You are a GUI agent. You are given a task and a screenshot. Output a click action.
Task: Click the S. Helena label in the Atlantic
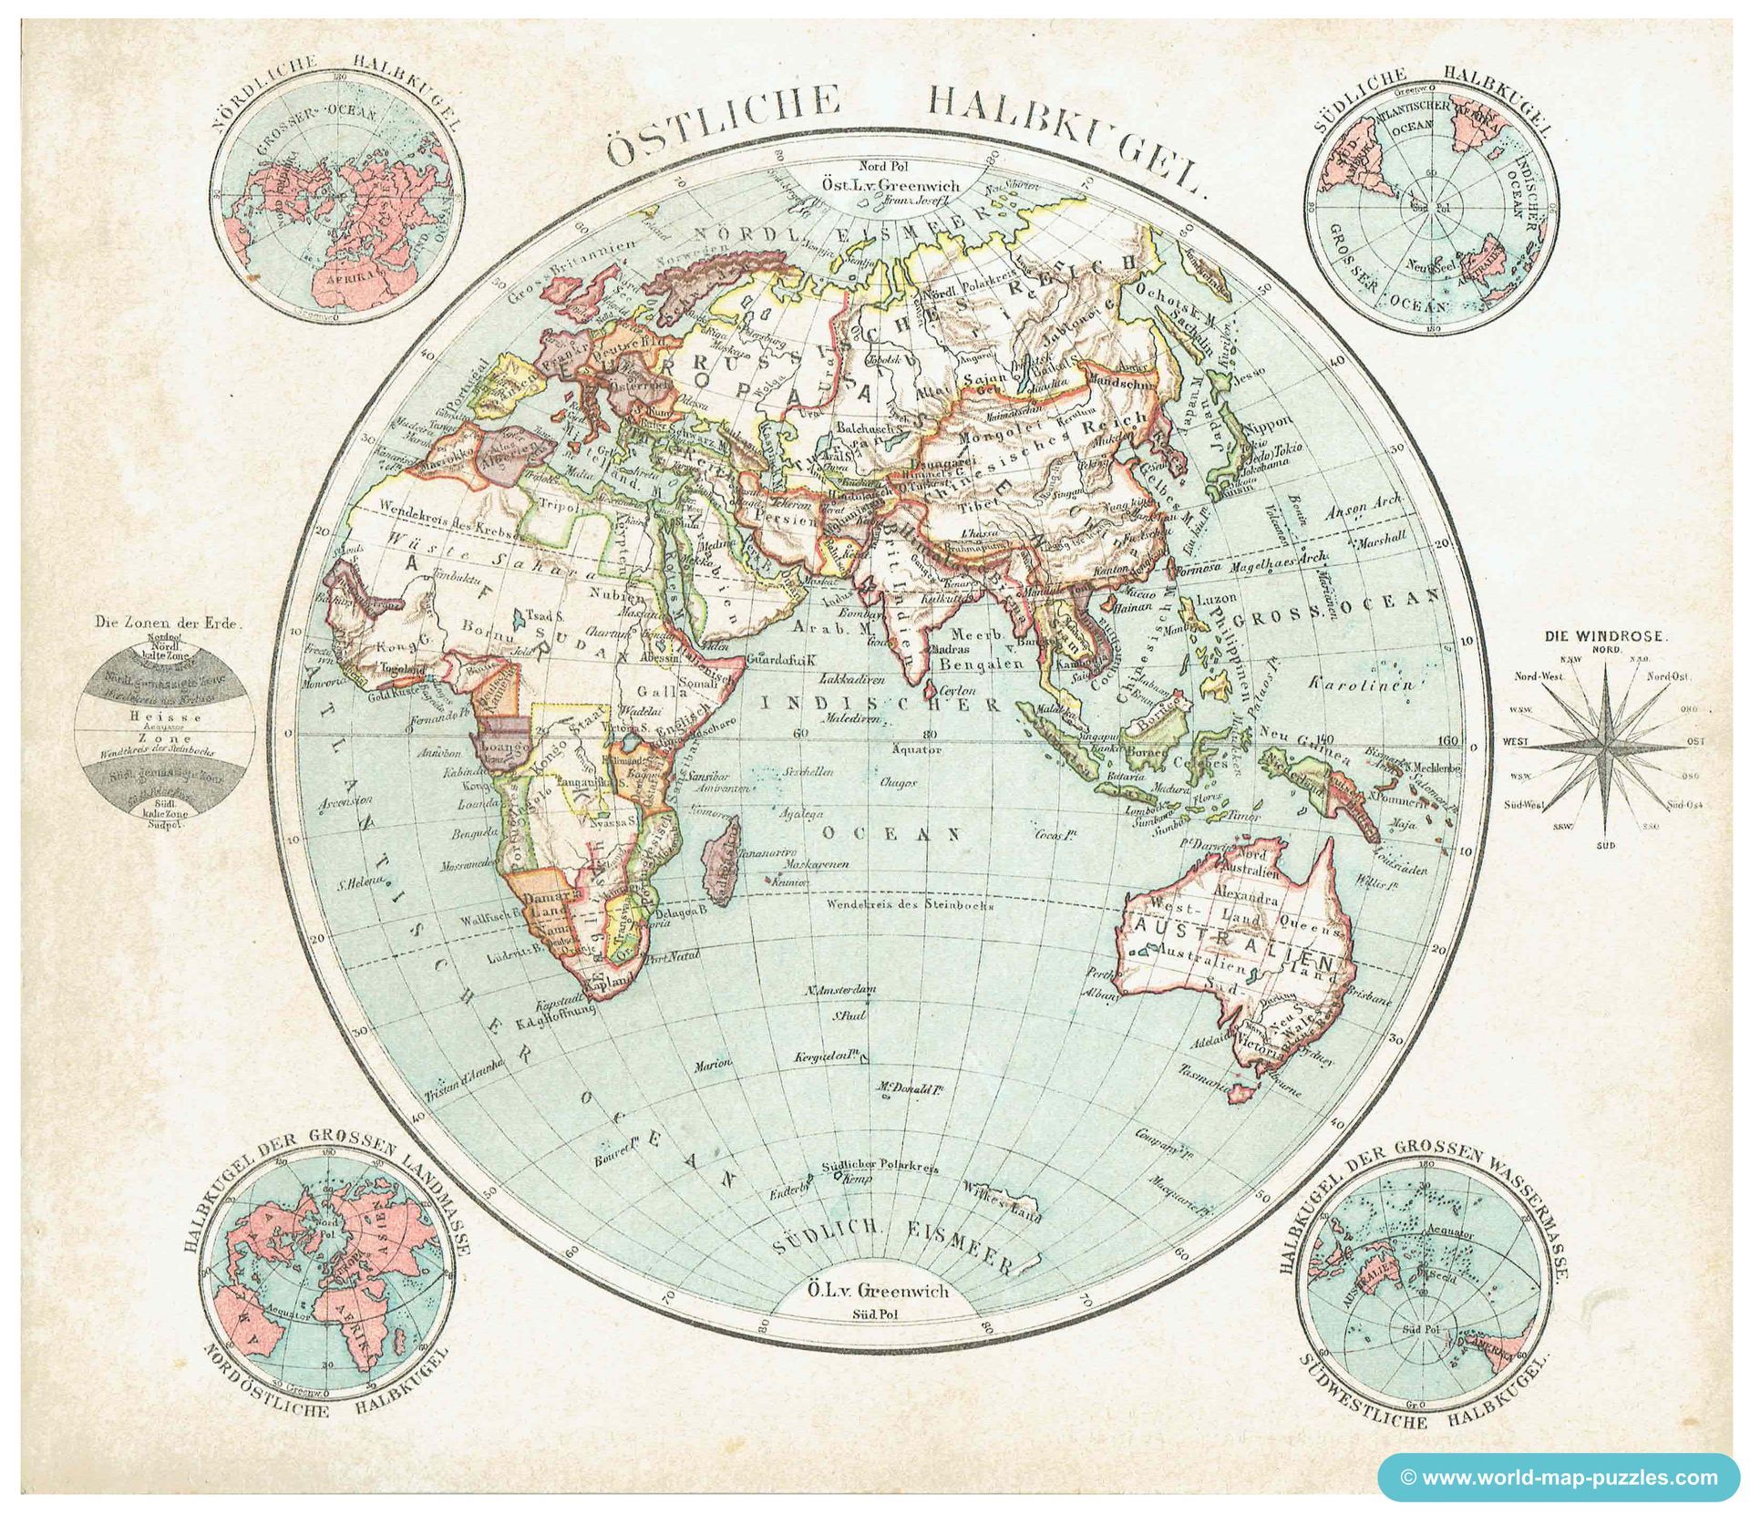point(356,881)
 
